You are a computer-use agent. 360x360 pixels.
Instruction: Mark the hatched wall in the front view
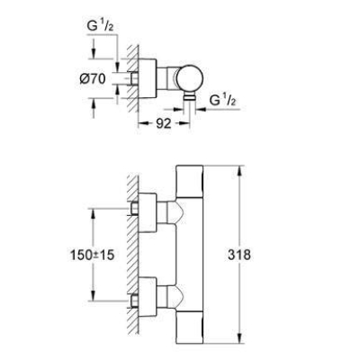coord(131,256)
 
